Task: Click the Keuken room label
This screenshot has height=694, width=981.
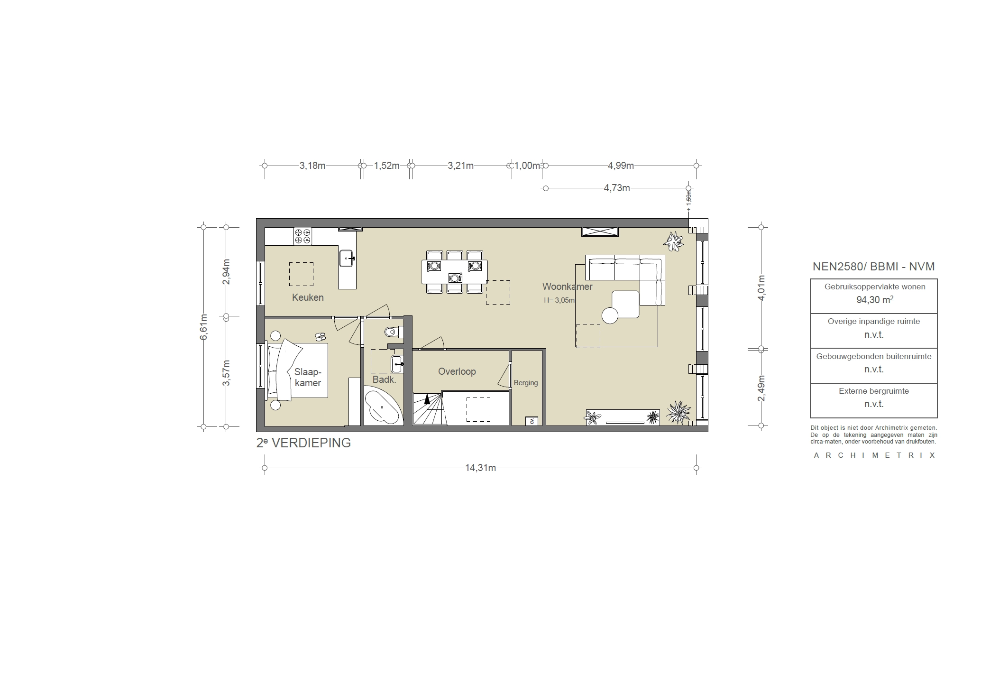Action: tap(308, 297)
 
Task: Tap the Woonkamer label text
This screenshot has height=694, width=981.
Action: tap(567, 287)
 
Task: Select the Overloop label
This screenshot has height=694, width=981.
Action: tap(457, 371)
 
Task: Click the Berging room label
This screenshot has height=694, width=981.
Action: tap(525, 383)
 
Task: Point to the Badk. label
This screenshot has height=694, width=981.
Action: tap(384, 379)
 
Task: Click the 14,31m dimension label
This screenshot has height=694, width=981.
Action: tap(480, 468)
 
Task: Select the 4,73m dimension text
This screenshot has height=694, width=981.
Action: tap(616, 188)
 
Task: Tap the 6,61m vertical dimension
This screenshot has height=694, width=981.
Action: tap(203, 327)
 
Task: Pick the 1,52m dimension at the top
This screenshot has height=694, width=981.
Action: tap(386, 166)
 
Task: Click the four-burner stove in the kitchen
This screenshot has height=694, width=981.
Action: tap(303, 236)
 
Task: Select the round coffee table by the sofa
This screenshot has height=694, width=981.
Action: tap(610, 315)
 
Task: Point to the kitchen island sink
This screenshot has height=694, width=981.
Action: tap(347, 259)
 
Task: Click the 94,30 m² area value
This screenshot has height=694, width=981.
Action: tap(873, 300)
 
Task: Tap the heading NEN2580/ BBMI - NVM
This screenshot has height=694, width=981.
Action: tap(873, 267)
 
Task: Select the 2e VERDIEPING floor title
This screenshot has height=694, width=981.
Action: tap(303, 443)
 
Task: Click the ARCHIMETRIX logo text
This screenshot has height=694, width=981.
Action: tap(874, 455)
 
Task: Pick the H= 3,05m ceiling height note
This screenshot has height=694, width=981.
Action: tap(559, 300)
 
